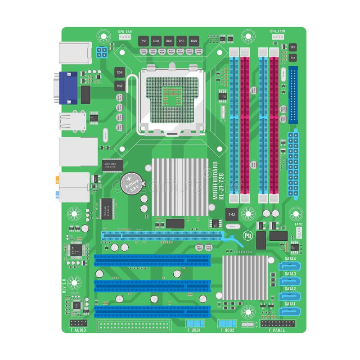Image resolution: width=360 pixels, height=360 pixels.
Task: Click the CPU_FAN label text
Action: [125, 31]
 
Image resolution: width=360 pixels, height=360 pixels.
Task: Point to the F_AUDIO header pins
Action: [79, 323]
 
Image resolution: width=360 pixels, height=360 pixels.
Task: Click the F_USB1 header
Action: [194, 324]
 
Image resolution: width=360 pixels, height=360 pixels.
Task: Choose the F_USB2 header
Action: [227, 324]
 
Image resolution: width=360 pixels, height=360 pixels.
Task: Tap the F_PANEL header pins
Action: [278, 324]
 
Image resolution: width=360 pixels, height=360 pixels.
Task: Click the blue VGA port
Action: [68, 88]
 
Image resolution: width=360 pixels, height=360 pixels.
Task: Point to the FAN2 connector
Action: [299, 232]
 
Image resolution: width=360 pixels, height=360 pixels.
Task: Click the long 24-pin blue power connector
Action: [293, 164]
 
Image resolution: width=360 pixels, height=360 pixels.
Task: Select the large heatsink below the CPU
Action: [180, 187]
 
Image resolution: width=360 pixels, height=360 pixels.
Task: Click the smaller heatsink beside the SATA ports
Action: [245, 278]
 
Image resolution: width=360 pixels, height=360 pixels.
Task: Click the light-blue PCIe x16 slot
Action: [162, 235]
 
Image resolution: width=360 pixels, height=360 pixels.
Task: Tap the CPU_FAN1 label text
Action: [278, 31]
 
